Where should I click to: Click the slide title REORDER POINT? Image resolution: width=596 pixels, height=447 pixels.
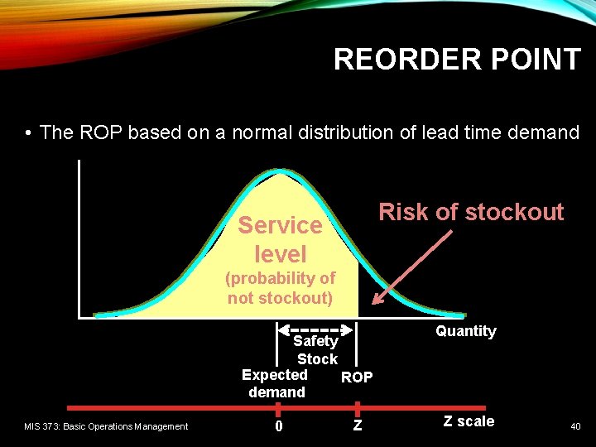[457, 60]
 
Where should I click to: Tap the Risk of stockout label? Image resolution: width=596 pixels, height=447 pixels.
[471, 212]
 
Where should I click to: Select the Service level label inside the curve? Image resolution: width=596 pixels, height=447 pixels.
[280, 239]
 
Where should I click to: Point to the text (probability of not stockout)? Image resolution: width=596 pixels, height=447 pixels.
[281, 288]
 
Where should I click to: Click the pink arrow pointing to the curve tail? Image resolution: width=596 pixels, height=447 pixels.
[411, 267]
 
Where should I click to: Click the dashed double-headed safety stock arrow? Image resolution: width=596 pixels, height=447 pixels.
[318, 329]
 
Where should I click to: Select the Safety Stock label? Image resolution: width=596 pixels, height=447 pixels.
[316, 350]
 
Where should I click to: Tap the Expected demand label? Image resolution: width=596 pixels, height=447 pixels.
[276, 383]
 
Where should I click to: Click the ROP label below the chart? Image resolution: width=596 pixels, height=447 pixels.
[357, 377]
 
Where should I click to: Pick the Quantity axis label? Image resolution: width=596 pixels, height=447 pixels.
[466, 331]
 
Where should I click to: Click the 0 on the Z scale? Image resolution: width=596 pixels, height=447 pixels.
[279, 426]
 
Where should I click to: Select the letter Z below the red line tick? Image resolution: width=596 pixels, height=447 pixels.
[357, 426]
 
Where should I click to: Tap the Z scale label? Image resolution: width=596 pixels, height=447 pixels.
[469, 421]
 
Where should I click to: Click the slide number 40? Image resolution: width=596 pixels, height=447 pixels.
[574, 426]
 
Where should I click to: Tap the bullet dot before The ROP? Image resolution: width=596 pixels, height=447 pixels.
[28, 133]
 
